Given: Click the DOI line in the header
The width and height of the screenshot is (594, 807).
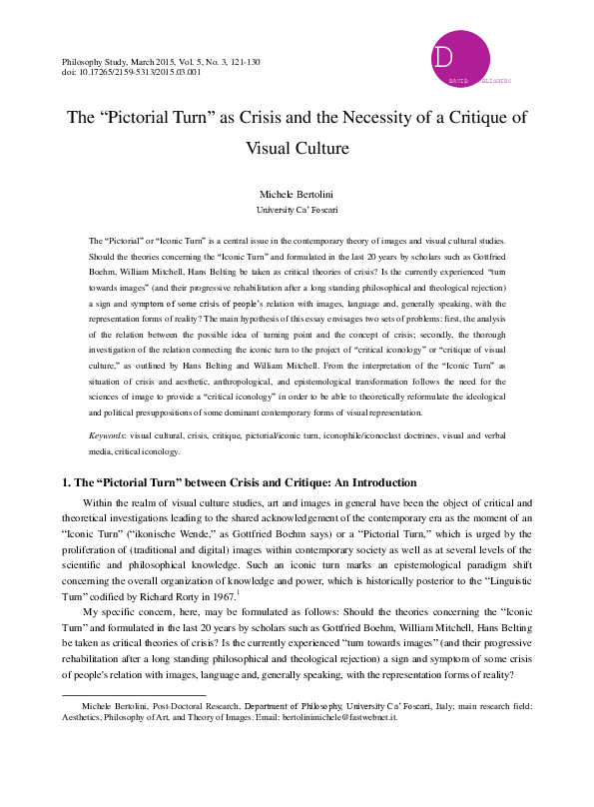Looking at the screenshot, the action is click(x=130, y=72).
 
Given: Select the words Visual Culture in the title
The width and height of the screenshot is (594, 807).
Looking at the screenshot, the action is click(x=297, y=149).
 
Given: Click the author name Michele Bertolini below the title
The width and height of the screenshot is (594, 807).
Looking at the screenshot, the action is click(x=297, y=192).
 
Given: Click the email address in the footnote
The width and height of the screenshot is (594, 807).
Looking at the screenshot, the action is click(x=342, y=717).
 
